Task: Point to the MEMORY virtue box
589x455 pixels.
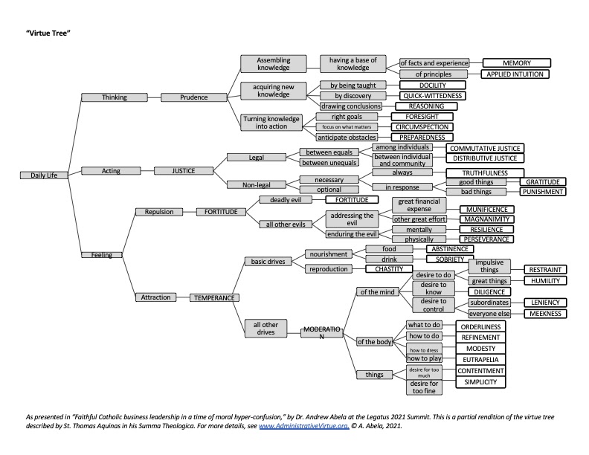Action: [x=517, y=63]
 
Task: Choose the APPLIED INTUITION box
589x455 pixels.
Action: [x=517, y=74]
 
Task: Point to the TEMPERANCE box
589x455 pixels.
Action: [x=214, y=297]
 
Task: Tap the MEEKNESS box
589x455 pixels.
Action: [x=546, y=314]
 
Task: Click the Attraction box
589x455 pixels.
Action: [x=156, y=297]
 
